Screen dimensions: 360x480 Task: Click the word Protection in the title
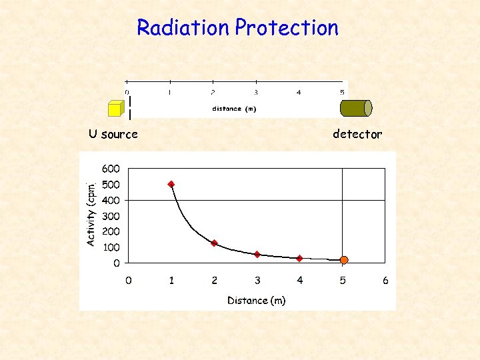tap(287, 28)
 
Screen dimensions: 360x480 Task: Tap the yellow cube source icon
tap(115, 109)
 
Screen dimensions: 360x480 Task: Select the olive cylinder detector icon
tap(356, 108)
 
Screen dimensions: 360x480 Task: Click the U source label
tap(113, 134)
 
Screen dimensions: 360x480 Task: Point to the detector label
tap(357, 134)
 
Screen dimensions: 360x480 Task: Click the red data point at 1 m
tap(171, 184)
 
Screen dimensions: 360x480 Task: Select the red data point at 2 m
tap(214, 243)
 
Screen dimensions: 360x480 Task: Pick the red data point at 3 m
tap(257, 254)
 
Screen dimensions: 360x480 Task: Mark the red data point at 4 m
tap(300, 258)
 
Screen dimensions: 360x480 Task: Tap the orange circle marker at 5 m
tap(343, 260)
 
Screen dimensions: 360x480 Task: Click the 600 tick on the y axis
tap(111, 169)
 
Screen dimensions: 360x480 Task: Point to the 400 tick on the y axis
tap(111, 200)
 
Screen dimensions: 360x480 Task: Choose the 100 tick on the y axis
tap(111, 247)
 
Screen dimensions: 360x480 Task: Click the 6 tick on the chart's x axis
tap(385, 281)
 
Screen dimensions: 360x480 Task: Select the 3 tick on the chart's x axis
tap(257, 281)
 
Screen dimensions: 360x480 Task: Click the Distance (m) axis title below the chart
tap(257, 301)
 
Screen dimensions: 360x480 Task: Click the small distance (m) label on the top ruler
tap(234, 109)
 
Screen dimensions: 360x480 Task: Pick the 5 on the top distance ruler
tap(342, 93)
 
